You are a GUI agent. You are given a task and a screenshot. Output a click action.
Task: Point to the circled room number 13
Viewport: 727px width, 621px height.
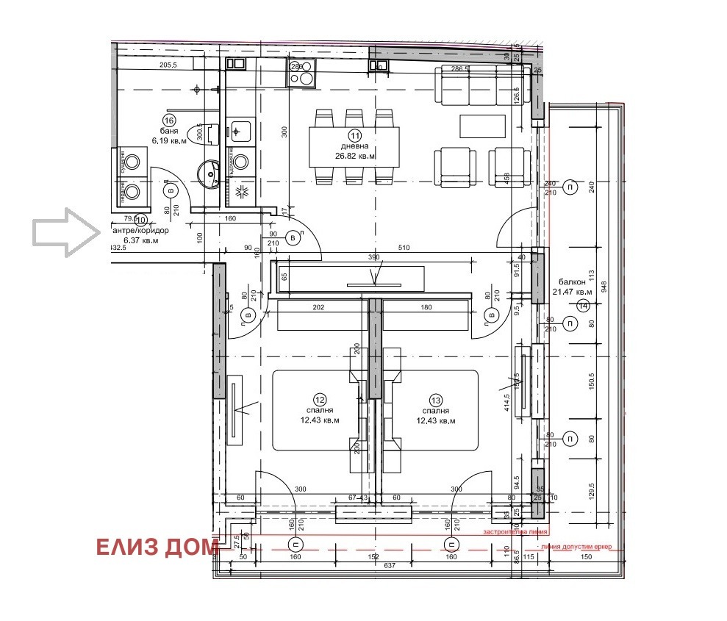[x=436, y=400]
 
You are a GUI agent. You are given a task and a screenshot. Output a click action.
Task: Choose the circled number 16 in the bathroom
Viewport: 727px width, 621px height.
[x=169, y=121]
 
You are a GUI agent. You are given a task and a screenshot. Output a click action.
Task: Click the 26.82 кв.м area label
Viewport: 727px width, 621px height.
[x=356, y=157]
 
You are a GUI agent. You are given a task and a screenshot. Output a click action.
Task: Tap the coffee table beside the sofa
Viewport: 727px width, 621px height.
[x=483, y=126]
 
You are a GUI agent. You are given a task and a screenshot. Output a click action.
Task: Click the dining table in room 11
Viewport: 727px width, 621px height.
[x=354, y=146]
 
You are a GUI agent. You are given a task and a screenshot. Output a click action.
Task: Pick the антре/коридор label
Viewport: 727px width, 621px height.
[x=140, y=230]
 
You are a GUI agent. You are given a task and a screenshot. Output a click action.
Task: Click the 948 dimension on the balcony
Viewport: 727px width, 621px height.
[x=604, y=286]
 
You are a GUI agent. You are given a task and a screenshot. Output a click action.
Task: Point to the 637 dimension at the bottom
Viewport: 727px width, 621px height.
[x=388, y=566]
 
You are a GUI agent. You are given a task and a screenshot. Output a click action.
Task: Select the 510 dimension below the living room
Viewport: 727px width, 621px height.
[x=404, y=248]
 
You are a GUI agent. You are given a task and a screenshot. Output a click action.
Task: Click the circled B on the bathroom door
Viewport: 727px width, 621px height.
[x=171, y=190]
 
